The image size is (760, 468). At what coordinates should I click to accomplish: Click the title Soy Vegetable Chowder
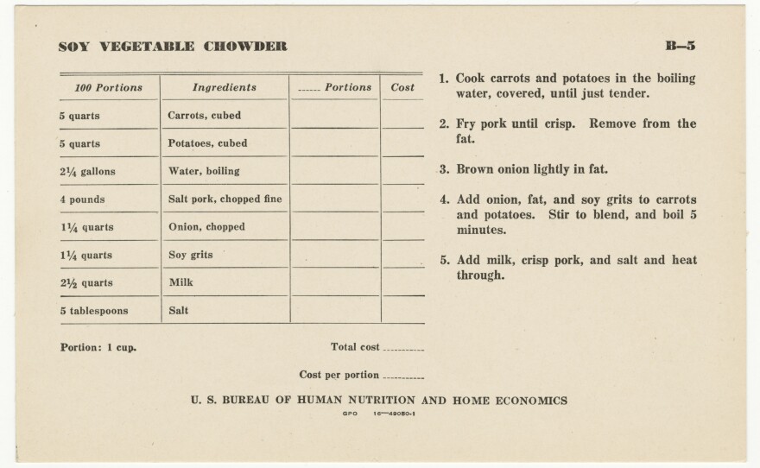pyautogui.click(x=173, y=47)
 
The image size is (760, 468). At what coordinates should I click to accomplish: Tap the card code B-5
pyautogui.click(x=681, y=47)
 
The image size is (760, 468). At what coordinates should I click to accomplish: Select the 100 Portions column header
pyautogui.click(x=109, y=88)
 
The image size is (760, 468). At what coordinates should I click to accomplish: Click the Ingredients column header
pyautogui.click(x=225, y=88)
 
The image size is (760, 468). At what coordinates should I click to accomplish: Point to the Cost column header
pyautogui.click(x=402, y=88)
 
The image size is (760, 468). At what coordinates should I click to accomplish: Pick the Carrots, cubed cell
pyautogui.click(x=205, y=116)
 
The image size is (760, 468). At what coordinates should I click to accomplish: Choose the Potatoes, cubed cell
pyautogui.click(x=207, y=143)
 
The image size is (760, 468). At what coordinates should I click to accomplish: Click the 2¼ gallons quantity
pyautogui.click(x=87, y=172)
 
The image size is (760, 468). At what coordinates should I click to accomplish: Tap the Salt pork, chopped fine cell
pyautogui.click(x=225, y=199)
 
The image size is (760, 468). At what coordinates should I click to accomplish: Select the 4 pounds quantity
pyautogui.click(x=82, y=199)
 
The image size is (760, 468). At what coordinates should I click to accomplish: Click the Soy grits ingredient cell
pyautogui.click(x=190, y=256)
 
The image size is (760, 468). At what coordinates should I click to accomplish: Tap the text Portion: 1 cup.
pyautogui.click(x=98, y=348)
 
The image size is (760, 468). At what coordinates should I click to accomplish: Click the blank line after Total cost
pyautogui.click(x=402, y=350)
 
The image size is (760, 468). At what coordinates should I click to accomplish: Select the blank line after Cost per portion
pyautogui.click(x=402, y=377)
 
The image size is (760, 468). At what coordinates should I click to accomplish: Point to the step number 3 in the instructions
pyautogui.click(x=442, y=170)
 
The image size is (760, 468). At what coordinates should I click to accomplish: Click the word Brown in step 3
pyautogui.click(x=473, y=170)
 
